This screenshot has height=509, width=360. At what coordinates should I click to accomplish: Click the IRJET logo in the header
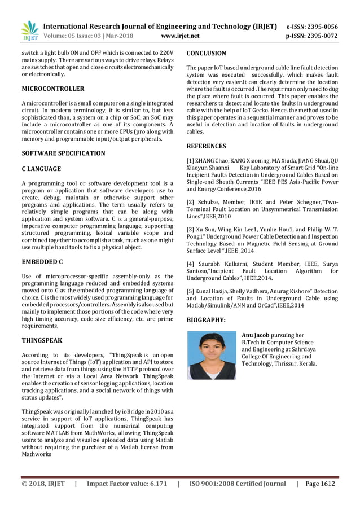tap(29, 30)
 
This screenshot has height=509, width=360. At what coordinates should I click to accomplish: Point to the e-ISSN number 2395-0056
tap(323, 27)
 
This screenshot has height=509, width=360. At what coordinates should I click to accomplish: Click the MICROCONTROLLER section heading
tap(52, 89)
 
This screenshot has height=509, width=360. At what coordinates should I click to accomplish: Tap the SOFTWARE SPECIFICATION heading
tap(63, 153)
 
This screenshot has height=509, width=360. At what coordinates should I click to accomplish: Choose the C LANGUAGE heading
tap(41, 169)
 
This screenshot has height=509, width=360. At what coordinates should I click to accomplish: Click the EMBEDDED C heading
tap(42, 262)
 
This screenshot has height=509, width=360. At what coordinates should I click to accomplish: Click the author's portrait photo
tap(211, 355)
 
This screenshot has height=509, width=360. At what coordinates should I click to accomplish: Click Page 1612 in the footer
tap(320, 484)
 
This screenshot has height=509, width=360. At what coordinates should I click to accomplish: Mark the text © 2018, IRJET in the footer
tap(43, 484)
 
